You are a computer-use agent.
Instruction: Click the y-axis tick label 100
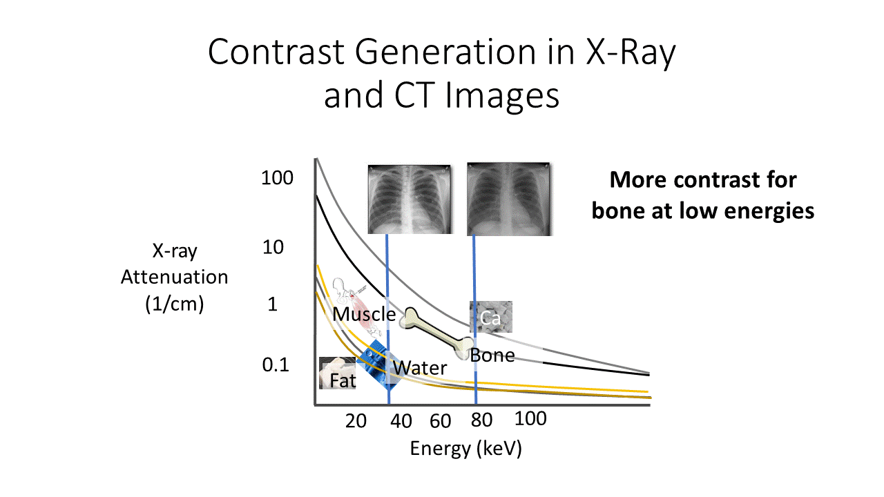(x=277, y=178)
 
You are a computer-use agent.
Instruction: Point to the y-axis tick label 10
(x=273, y=247)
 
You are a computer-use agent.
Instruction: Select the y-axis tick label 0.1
(x=275, y=365)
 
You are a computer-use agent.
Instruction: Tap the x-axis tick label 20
(x=356, y=420)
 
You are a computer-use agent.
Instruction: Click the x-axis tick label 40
(x=401, y=420)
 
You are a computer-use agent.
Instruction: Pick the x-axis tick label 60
(x=440, y=420)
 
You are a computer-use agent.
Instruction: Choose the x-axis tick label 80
(x=481, y=420)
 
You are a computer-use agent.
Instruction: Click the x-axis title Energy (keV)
(x=465, y=449)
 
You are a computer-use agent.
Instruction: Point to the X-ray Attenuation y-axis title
(x=174, y=277)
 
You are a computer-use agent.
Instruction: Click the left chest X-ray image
(x=410, y=199)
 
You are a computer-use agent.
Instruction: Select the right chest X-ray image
(x=510, y=199)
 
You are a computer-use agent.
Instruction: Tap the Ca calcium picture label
(x=490, y=318)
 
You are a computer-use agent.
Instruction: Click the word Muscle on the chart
(x=364, y=314)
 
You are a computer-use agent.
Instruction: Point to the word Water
(x=420, y=368)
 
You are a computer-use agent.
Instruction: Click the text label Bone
(x=492, y=355)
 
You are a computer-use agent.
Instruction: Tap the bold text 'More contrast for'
(x=703, y=180)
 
